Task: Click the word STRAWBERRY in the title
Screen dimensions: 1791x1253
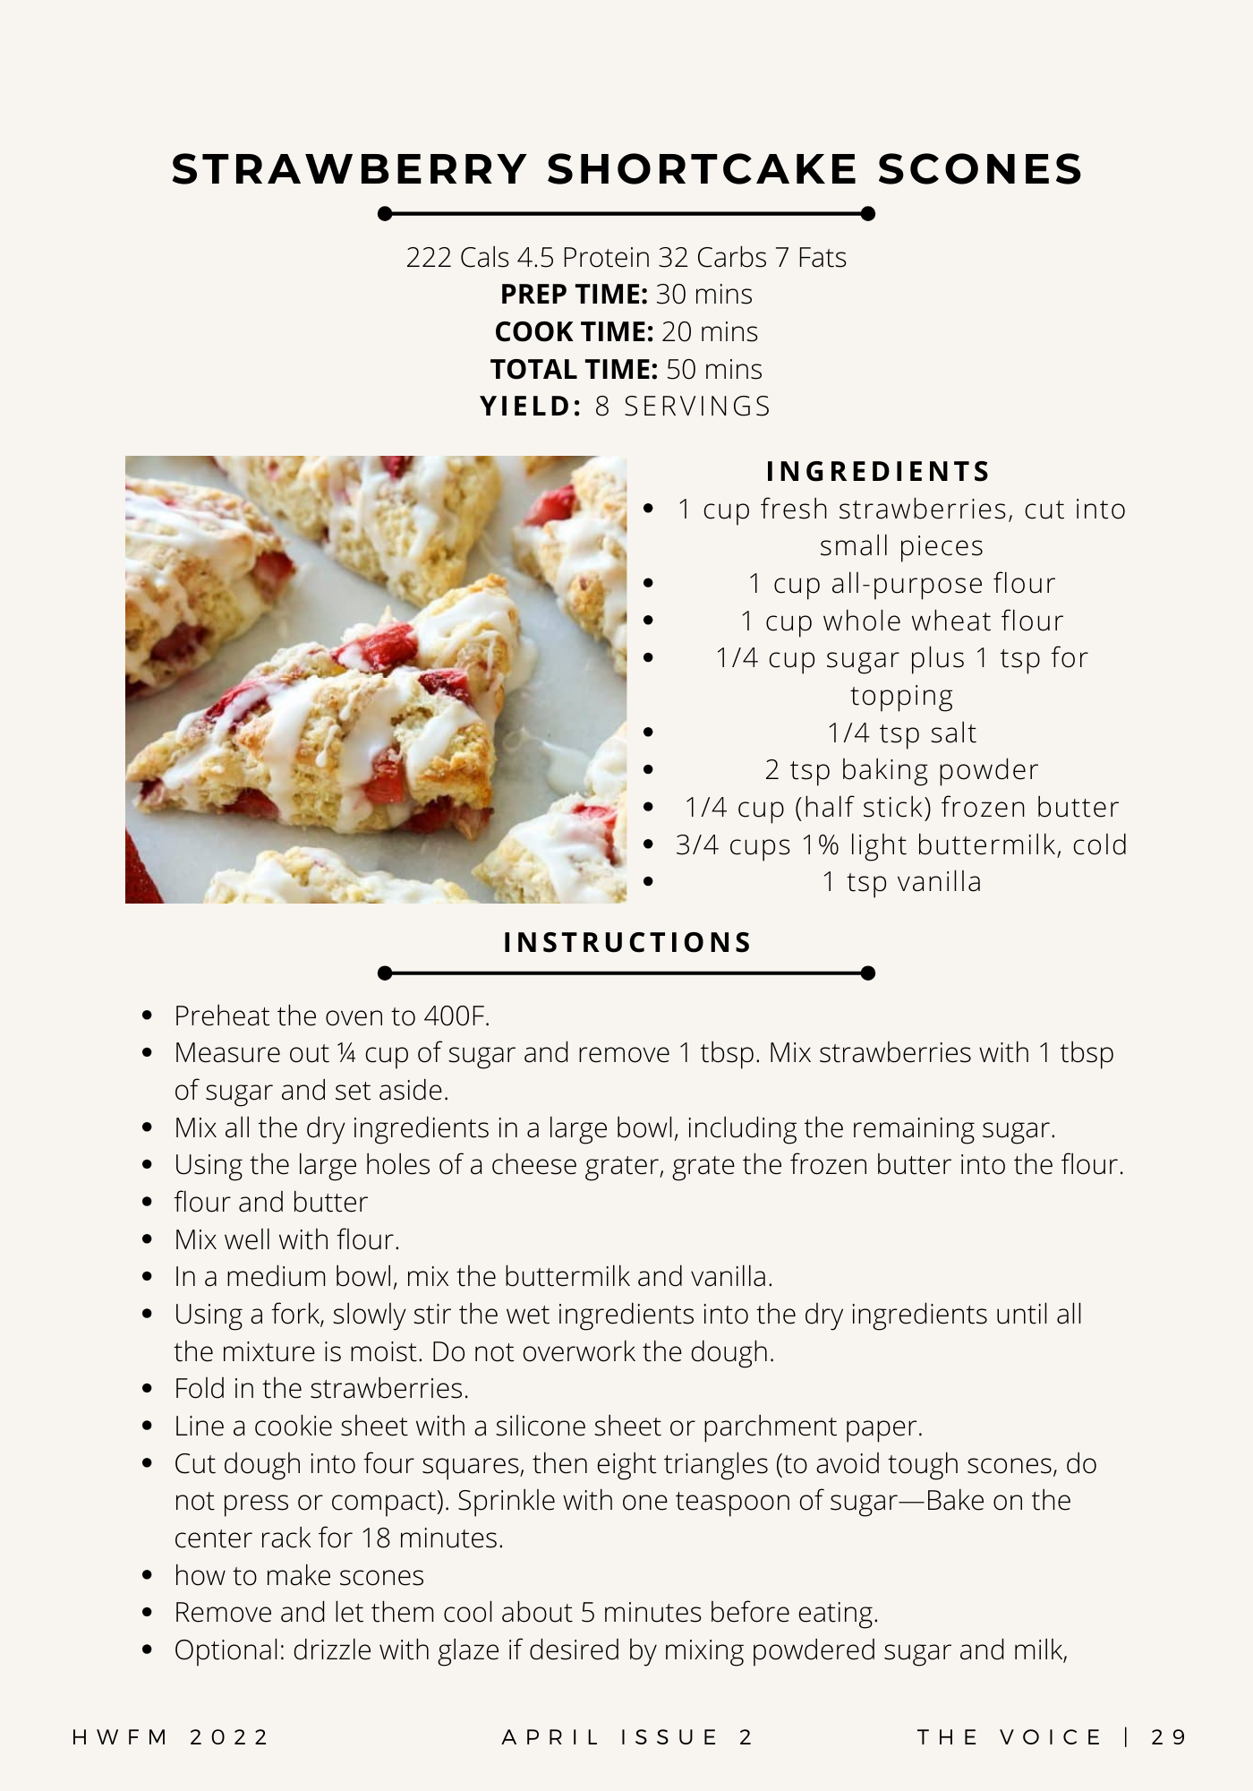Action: click(x=350, y=169)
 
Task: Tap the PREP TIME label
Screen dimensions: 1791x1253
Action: click(x=573, y=295)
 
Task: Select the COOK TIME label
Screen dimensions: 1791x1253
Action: click(x=574, y=332)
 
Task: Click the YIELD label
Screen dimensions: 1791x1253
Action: click(x=532, y=407)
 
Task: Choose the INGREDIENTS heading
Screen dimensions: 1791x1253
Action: click(x=878, y=472)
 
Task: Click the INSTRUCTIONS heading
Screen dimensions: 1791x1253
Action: click(x=627, y=943)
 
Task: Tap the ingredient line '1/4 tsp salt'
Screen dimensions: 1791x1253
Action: click(x=901, y=733)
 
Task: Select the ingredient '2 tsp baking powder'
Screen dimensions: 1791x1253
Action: click(x=901, y=770)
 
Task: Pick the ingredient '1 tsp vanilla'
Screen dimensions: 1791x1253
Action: click(x=901, y=882)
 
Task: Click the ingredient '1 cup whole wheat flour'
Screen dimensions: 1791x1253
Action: click(x=901, y=621)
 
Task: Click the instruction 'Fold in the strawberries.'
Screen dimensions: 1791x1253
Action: click(x=321, y=1389)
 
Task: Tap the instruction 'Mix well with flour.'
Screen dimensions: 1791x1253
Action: click(x=286, y=1240)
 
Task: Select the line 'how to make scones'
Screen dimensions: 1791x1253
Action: click(x=299, y=1576)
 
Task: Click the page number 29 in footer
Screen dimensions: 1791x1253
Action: click(x=1169, y=1738)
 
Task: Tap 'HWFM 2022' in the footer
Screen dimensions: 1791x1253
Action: click(x=170, y=1738)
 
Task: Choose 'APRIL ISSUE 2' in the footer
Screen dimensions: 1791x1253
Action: click(x=627, y=1738)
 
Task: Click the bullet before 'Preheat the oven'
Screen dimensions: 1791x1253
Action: click(x=148, y=1016)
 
